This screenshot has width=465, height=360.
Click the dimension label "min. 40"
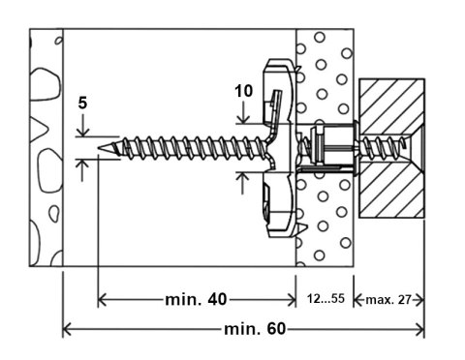(197, 299)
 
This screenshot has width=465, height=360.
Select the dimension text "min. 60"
(255, 330)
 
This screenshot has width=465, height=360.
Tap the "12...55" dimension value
(325, 298)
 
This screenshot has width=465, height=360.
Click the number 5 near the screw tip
(84, 103)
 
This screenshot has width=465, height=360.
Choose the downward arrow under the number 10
(244, 118)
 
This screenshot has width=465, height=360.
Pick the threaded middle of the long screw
(184, 147)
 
